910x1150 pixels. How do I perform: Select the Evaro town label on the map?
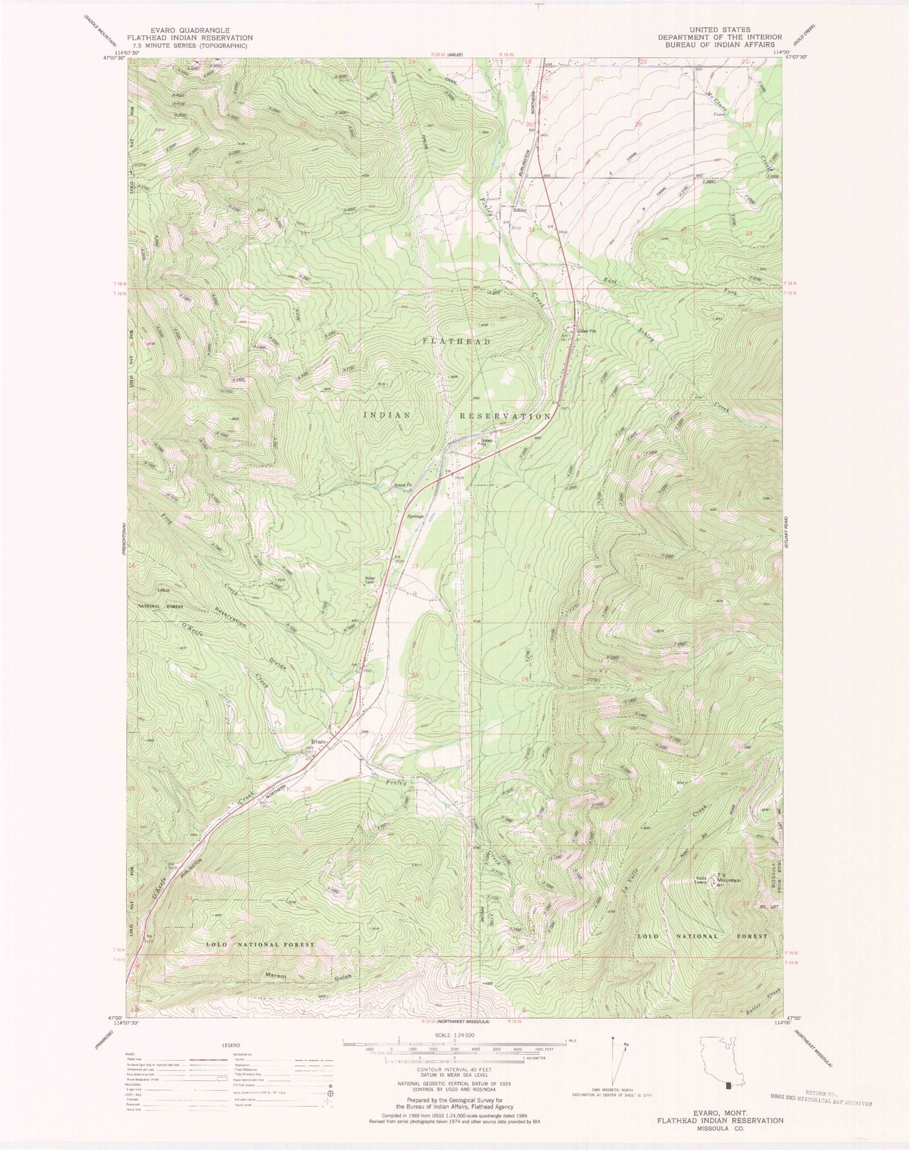318,743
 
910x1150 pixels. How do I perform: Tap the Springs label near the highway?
414,516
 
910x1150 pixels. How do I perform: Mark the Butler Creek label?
762,996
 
